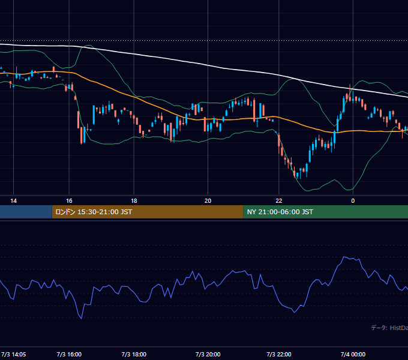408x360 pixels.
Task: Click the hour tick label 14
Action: click(14, 201)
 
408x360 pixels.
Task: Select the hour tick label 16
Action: click(69, 201)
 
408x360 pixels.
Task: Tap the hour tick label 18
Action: click(134, 201)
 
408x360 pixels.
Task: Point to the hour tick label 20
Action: click(208, 201)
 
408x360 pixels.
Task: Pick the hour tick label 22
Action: click(278, 201)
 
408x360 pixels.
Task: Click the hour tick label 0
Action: click(353, 201)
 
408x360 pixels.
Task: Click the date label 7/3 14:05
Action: click(14, 354)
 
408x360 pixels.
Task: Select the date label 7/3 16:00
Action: click(69, 354)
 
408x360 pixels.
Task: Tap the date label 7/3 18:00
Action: click(134, 354)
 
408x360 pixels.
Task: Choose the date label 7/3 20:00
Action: click(208, 354)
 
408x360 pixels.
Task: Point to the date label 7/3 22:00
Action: click(278, 354)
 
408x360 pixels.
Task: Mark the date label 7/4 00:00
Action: click(353, 354)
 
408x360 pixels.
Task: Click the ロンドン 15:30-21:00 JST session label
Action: click(94, 212)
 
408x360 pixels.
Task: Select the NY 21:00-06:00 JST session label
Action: click(280, 212)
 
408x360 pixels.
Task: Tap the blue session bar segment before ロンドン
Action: click(26, 212)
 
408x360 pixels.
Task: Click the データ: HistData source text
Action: click(389, 328)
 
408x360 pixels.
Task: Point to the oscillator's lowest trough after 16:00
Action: click(82, 319)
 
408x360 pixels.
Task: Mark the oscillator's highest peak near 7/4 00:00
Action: click(344, 257)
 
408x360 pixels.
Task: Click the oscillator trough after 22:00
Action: click(294, 313)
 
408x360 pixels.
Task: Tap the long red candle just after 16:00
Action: click(79, 119)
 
